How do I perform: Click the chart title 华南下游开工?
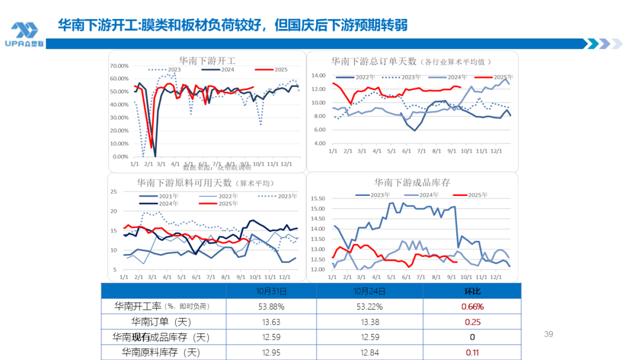coord(207,60)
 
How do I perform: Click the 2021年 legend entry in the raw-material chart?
coord(155,195)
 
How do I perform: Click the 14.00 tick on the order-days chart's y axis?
coord(318,75)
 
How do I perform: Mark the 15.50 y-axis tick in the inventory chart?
coord(318,198)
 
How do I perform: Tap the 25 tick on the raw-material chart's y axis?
coord(115,191)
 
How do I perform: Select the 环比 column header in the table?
coord(472,291)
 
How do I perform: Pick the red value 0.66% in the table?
coord(472,307)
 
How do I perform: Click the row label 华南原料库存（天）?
coord(161,353)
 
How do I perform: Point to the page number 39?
coord(548,335)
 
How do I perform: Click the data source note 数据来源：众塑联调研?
coord(205,167)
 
